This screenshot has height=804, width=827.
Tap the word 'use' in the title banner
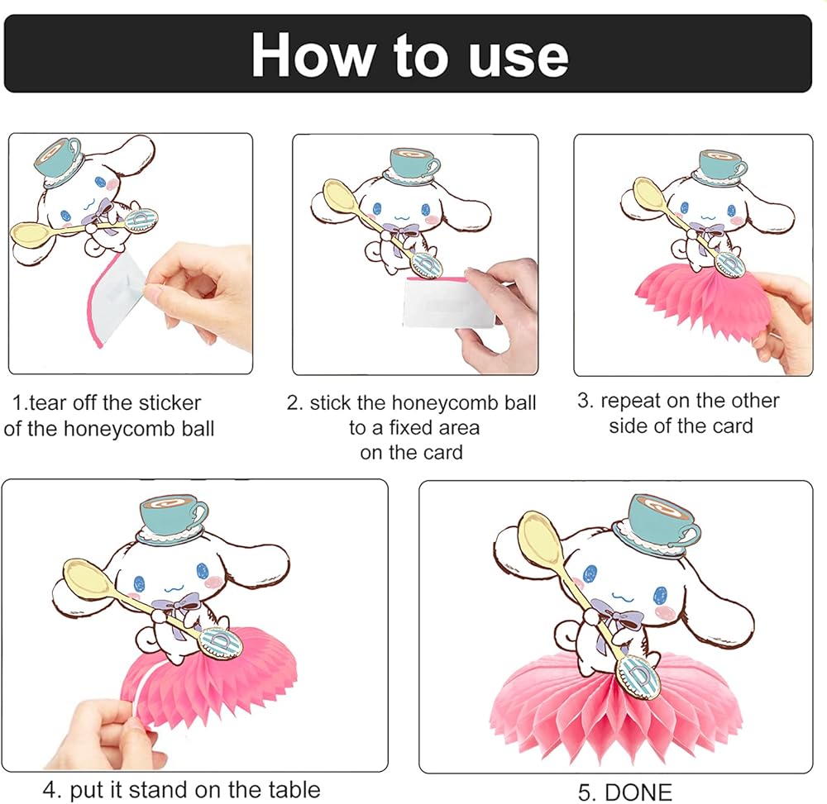(x=518, y=59)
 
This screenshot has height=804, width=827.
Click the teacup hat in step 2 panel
(x=413, y=166)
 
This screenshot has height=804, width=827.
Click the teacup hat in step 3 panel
(x=720, y=168)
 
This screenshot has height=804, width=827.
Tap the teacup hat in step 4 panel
(x=172, y=518)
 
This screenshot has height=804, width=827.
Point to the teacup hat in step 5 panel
(x=657, y=524)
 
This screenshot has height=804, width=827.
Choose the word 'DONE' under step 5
(x=638, y=792)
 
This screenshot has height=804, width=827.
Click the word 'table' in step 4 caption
(x=294, y=790)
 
